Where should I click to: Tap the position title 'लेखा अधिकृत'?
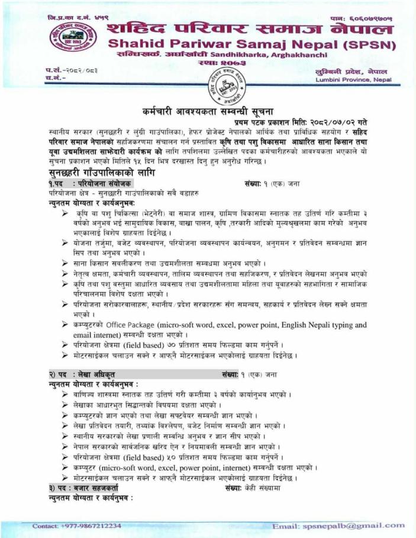tap(96, 375)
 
